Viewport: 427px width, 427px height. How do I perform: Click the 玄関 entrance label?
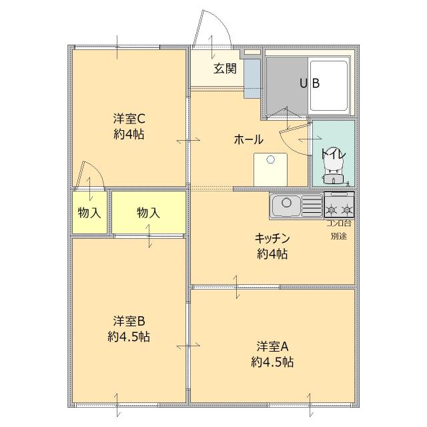click(x=225, y=69)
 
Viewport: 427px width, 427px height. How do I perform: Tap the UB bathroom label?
click(x=309, y=83)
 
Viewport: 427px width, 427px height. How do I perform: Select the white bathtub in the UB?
click(x=330, y=85)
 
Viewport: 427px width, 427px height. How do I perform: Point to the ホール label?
click(x=248, y=139)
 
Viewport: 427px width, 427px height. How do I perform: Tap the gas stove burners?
click(x=338, y=203)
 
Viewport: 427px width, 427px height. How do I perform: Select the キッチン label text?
click(x=272, y=238)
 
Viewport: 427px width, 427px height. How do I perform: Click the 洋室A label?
click(x=272, y=346)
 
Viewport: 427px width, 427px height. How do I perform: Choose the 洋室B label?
click(x=129, y=321)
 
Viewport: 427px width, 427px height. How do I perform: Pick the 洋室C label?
click(x=129, y=119)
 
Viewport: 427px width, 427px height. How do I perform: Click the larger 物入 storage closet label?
click(x=148, y=213)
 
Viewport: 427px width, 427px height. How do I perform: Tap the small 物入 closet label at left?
click(x=89, y=213)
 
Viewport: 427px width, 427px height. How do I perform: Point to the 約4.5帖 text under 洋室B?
click(x=129, y=337)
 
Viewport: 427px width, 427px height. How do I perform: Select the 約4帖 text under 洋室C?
click(x=129, y=134)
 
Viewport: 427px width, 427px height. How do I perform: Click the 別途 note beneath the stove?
click(x=338, y=236)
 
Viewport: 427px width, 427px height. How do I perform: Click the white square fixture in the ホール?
click(x=270, y=169)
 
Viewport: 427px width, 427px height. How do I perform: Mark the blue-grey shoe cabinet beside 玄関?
click(x=251, y=77)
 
